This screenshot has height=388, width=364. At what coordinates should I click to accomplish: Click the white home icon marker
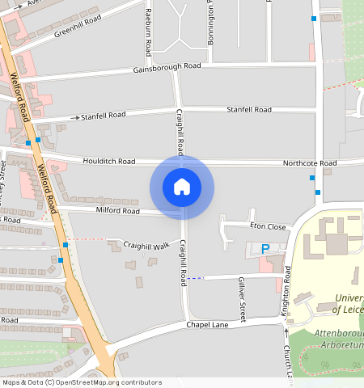(182, 187)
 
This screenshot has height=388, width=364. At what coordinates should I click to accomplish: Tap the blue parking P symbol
(265, 248)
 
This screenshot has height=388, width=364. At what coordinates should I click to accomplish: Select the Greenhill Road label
(78, 26)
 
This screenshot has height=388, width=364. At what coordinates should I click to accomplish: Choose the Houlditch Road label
(109, 162)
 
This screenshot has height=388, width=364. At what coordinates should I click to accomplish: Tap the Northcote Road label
(309, 163)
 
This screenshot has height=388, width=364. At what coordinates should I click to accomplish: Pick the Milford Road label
(118, 211)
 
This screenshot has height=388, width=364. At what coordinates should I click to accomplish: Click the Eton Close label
(268, 226)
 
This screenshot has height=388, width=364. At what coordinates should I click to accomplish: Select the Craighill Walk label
(146, 245)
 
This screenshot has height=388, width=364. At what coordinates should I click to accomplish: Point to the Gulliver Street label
(241, 290)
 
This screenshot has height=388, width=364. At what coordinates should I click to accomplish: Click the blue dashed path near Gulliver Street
(197, 278)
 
